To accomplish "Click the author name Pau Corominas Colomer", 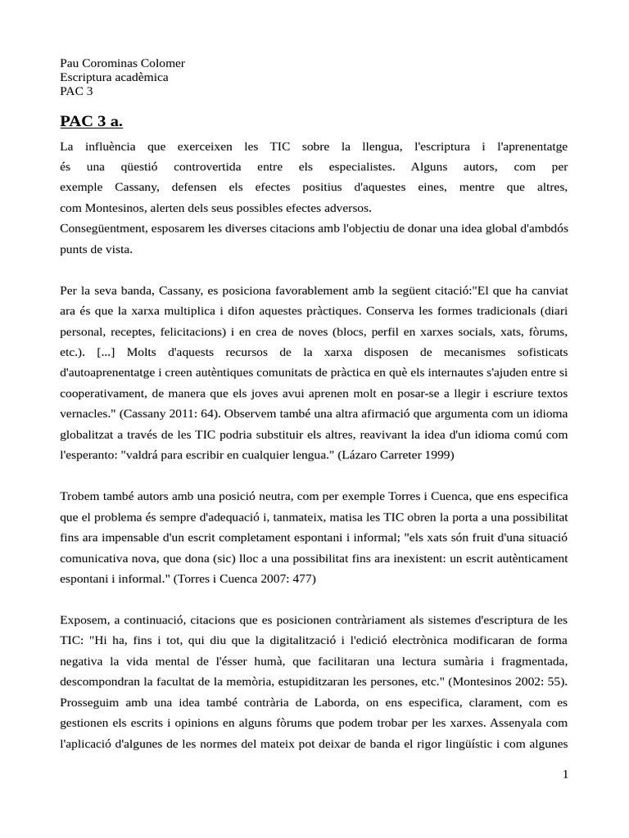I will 122,64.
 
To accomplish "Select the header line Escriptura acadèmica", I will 114,77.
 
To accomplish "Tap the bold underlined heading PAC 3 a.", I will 91,122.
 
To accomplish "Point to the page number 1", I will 565,775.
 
